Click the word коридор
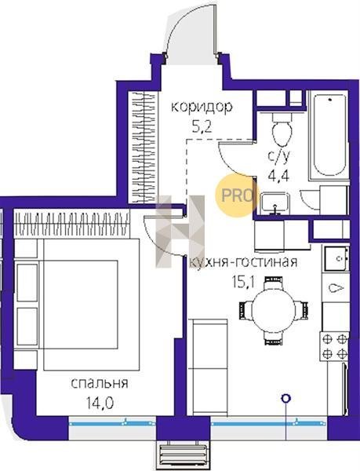coord(202,108)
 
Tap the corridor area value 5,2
coord(202,127)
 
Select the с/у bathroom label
coord(279,156)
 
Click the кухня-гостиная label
coord(243,262)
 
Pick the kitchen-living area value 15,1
coord(243,282)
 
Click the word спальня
coord(100,384)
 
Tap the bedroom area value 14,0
coord(100,403)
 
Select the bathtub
coord(329,135)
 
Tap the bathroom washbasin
coord(275,203)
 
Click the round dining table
coord(273,311)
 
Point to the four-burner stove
coord(334,346)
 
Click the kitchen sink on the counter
coord(336,258)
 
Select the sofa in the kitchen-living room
coord(209,367)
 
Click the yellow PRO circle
coord(236,195)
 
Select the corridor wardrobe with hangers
coord(143,147)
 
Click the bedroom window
coord(112,424)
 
